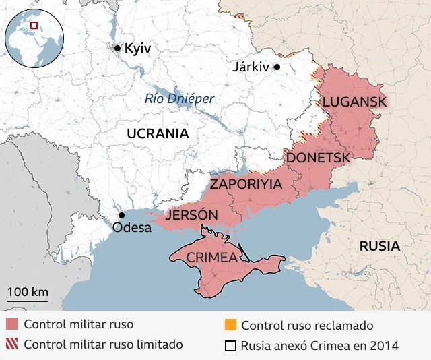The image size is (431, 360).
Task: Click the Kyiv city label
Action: (x=138, y=49)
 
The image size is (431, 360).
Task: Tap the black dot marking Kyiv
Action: (x=118, y=48)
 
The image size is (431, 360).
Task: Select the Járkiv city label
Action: (x=250, y=67)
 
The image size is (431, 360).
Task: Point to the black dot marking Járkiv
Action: (x=276, y=67)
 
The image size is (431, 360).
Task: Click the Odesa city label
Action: (x=132, y=227)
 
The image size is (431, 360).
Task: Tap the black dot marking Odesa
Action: (x=121, y=215)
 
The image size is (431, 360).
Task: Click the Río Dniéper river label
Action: (x=180, y=99)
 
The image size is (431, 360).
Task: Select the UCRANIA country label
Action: (x=158, y=133)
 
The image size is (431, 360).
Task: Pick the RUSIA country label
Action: (x=379, y=246)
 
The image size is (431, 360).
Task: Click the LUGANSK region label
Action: (x=354, y=102)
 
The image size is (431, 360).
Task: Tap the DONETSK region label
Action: (x=319, y=158)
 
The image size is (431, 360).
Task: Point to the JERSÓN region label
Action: (x=191, y=215)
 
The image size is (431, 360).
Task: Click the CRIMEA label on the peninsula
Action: (x=211, y=258)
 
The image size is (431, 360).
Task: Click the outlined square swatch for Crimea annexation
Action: (x=230, y=346)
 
